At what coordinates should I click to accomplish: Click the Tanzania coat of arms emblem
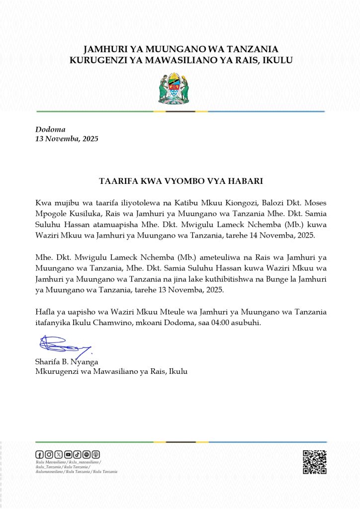click(174, 89)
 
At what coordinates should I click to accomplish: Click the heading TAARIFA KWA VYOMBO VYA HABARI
click(180, 180)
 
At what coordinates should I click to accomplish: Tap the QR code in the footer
click(314, 462)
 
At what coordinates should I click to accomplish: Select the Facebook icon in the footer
click(39, 454)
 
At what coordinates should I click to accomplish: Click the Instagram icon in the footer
click(49, 454)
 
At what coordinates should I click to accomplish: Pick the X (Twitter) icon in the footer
click(58, 454)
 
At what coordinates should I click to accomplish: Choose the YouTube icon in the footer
click(68, 454)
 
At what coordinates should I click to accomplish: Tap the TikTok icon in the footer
click(77, 454)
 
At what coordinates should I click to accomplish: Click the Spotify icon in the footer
click(87, 454)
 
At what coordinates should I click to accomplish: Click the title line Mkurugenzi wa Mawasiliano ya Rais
click(111, 371)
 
